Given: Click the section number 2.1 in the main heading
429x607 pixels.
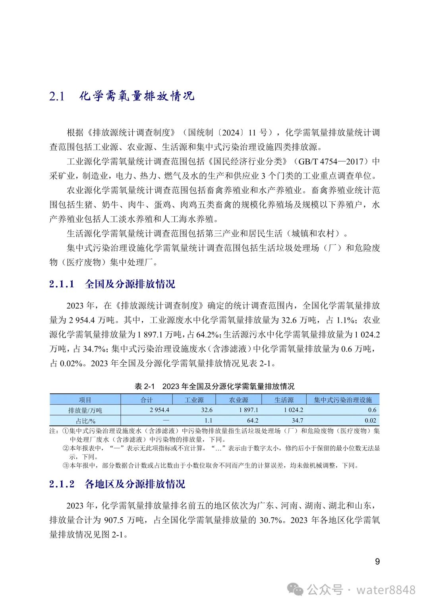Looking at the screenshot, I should tap(57, 97).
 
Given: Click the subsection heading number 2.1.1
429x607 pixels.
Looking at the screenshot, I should tap(62, 284).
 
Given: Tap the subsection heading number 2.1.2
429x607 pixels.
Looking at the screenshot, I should tap(62, 484).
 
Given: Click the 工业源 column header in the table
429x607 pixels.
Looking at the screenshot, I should tap(194, 400).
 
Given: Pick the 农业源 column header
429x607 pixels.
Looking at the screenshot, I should tap(238, 400).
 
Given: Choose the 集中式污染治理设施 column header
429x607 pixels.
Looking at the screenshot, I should tap(343, 400).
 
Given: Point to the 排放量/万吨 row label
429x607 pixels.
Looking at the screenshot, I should tap(85, 410).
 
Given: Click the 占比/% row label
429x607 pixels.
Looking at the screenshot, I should tap(85, 421).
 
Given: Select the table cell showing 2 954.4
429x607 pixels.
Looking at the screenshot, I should tap(159, 410).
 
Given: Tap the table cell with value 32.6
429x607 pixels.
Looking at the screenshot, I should tap(207, 410).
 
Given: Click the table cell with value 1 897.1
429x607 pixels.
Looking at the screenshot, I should tap(248, 410).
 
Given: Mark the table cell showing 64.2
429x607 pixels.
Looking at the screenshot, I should tap(252, 420).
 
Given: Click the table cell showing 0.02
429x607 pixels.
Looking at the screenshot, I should tap(370, 420).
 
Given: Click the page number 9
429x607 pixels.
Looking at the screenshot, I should tap(377, 561).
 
